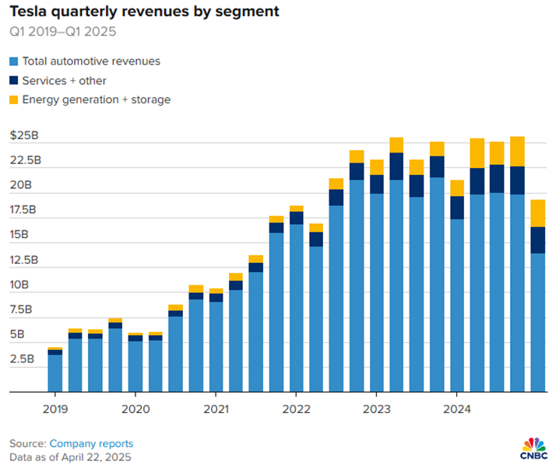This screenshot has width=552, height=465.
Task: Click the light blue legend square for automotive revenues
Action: click(14, 61)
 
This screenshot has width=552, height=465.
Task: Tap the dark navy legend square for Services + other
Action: click(14, 80)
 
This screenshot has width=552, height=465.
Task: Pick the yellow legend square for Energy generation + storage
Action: click(14, 100)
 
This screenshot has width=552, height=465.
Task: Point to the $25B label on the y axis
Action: click(24, 135)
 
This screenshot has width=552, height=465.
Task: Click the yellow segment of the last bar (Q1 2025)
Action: click(537, 213)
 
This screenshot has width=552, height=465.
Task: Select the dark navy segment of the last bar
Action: click(537, 240)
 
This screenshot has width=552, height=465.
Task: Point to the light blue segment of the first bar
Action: click(54, 373)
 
